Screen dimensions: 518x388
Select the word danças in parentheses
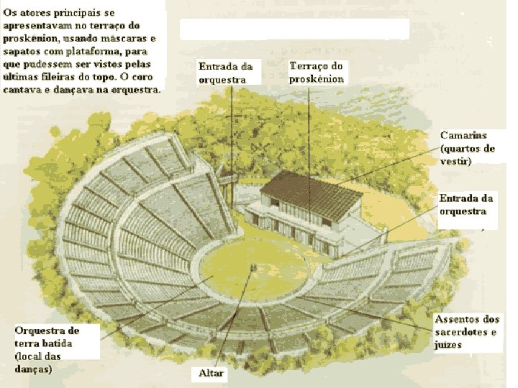tap(32, 369)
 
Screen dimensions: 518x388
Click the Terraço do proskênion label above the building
tap(317, 73)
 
